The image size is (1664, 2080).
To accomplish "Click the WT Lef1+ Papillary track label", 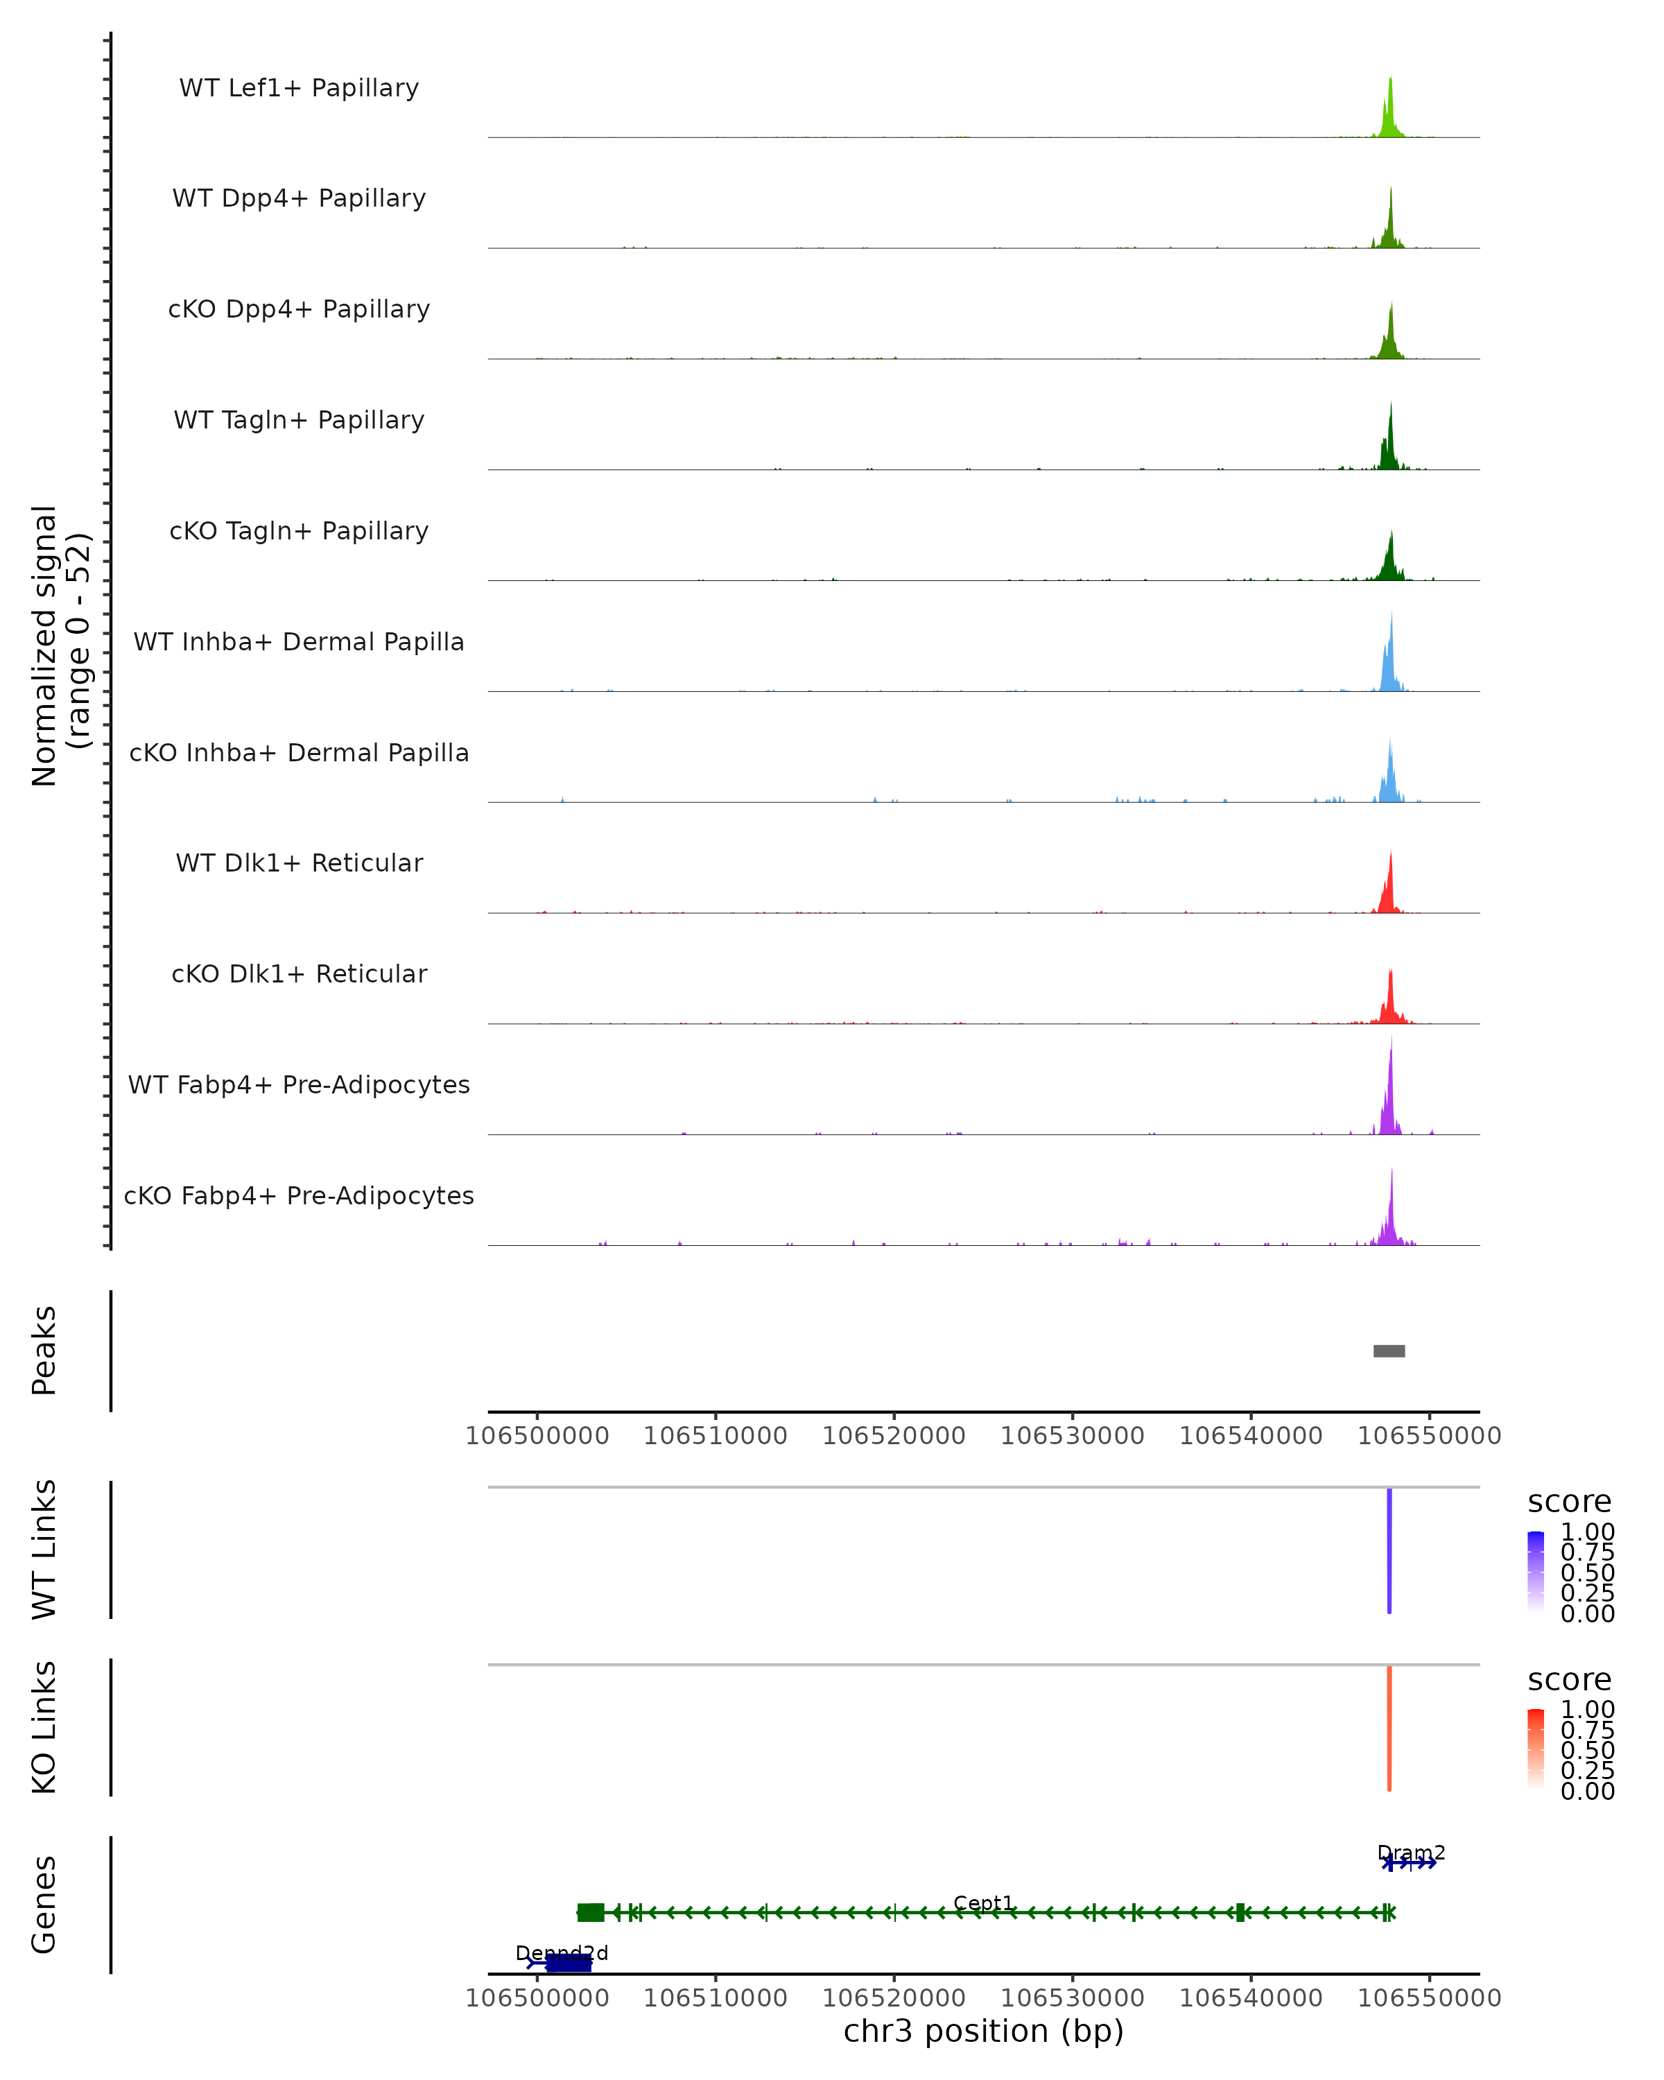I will [299, 88].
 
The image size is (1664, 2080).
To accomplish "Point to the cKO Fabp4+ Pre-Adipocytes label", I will [299, 1195].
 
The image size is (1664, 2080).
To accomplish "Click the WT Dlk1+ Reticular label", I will [299, 863].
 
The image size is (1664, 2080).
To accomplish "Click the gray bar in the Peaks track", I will [1389, 1351].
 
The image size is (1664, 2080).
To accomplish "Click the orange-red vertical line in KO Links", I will [1389, 1728].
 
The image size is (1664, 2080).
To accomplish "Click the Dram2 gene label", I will [1410, 1853].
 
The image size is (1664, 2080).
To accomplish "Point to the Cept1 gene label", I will [983, 1903].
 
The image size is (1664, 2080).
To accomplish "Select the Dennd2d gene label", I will [562, 1952].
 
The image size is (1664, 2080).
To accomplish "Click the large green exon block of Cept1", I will [590, 1912].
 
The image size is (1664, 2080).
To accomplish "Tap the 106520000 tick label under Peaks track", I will [893, 1436].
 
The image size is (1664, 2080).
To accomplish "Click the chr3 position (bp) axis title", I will [983, 2031].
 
